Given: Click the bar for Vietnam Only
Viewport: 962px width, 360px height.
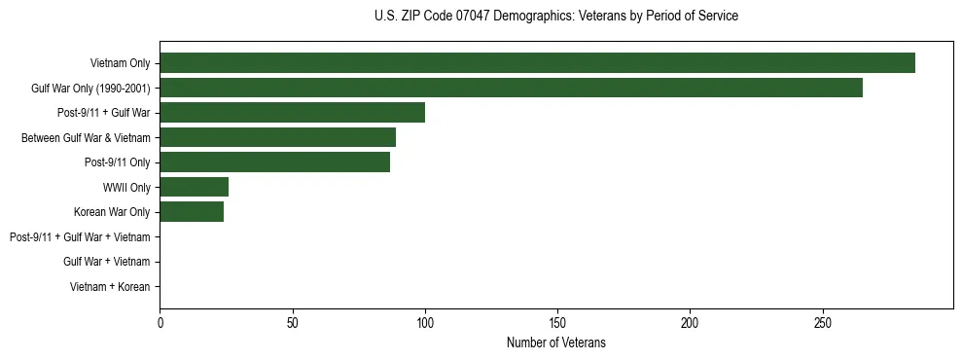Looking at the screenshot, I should (x=537, y=62).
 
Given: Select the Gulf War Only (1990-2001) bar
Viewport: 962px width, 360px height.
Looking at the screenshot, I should (x=511, y=88).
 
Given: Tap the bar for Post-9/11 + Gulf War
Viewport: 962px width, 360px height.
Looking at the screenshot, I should (x=292, y=112).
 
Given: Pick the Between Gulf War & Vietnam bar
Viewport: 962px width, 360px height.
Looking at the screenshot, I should (x=277, y=137).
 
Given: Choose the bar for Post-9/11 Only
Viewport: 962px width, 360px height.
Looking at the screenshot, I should (x=274, y=162).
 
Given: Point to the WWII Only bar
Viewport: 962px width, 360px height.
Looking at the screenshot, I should (x=194, y=187).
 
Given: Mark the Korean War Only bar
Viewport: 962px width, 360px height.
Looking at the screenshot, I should (x=192, y=212).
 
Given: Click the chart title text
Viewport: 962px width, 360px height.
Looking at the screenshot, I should (x=555, y=17).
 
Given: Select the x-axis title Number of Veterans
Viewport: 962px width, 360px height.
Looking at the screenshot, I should (x=555, y=342).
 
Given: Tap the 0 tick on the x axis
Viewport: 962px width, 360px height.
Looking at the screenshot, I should (x=160, y=322).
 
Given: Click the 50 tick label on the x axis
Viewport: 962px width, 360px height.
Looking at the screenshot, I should (x=292, y=322).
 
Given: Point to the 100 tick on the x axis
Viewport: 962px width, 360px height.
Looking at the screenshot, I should (x=425, y=322).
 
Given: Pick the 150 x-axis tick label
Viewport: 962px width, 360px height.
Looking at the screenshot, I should (x=557, y=322).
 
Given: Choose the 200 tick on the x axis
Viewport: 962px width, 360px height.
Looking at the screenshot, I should (x=690, y=322).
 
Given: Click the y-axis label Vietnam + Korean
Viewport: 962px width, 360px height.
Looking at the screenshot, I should (x=110, y=287).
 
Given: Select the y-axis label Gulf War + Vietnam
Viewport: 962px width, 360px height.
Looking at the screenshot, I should (x=106, y=262).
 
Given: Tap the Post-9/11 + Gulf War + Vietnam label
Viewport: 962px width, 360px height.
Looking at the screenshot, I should (x=80, y=236).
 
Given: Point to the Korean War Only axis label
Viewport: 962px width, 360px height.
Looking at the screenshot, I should (x=112, y=212).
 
